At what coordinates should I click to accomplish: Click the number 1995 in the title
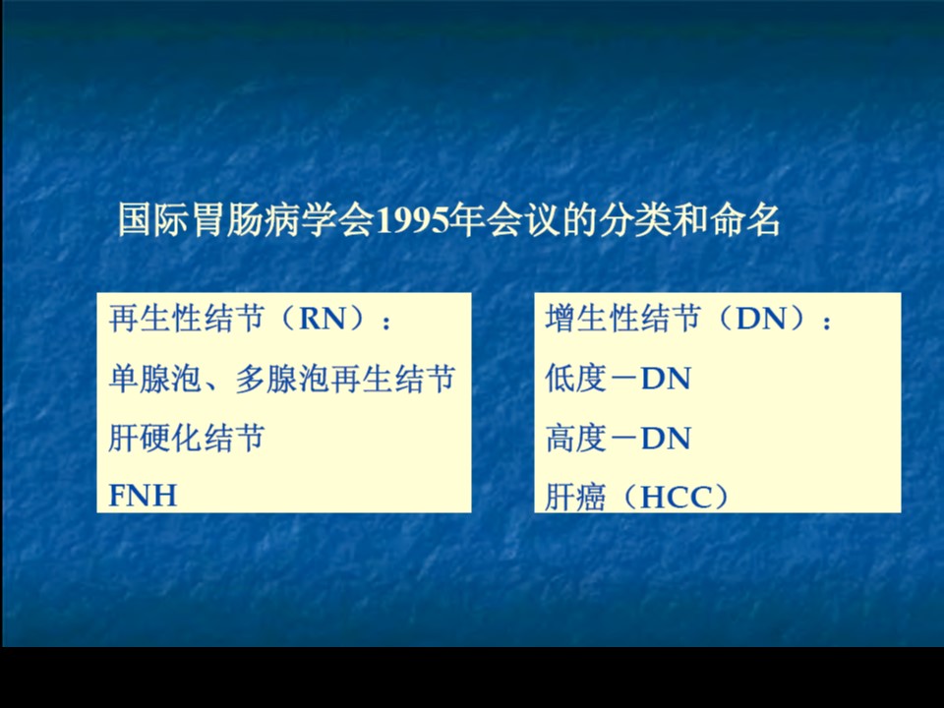coord(413,220)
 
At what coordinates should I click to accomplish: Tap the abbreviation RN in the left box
coord(323,319)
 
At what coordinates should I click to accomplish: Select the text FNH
coord(143,496)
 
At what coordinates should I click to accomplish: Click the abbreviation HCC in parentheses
coord(676,498)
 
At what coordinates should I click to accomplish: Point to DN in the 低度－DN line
coord(666,379)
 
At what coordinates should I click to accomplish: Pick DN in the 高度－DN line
coord(666,439)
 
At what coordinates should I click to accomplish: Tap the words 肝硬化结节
coord(187,438)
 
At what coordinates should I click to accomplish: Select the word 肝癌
coord(575,498)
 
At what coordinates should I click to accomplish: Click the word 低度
coord(575,379)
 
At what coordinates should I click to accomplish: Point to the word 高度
coord(575,439)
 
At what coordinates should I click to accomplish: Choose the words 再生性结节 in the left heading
coord(187,318)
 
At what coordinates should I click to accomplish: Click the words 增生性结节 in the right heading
coord(623,318)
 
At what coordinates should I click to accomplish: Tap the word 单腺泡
coord(154,379)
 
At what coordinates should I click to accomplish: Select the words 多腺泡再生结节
coord(345,379)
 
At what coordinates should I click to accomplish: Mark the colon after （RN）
coord(386,323)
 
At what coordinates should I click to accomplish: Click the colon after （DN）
coord(827,323)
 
